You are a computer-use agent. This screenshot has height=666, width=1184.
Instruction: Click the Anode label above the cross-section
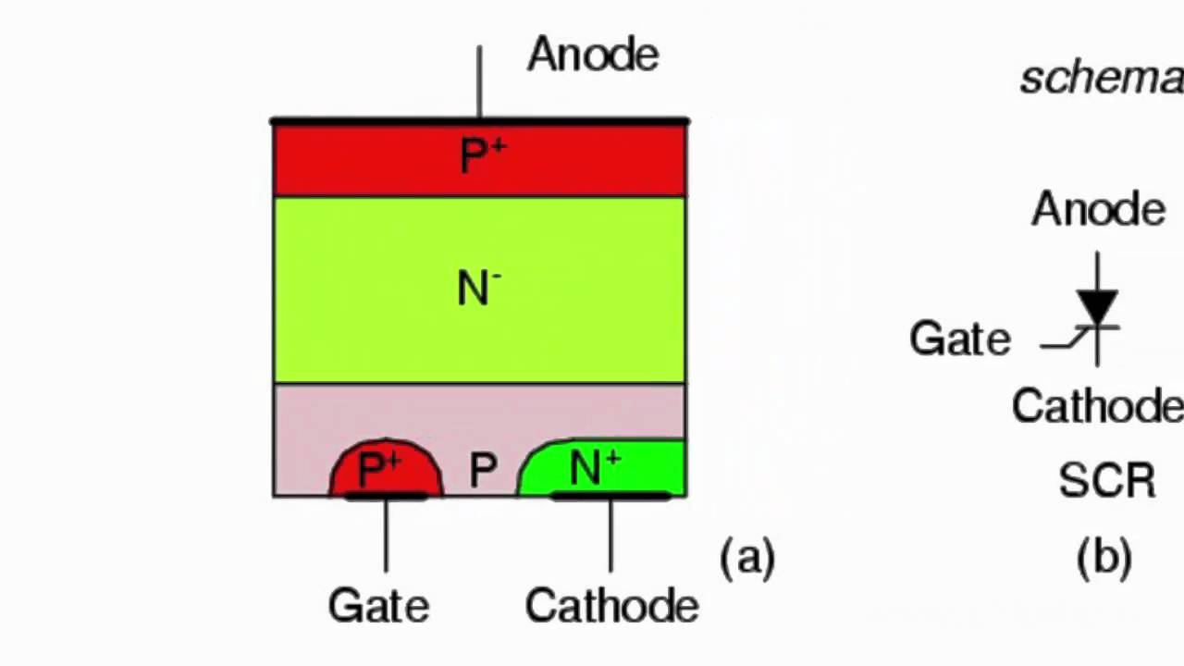pyautogui.click(x=593, y=55)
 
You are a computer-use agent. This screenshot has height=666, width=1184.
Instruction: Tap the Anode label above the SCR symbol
pyautogui.click(x=1098, y=210)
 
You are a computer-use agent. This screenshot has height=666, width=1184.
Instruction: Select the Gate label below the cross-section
pyautogui.click(x=379, y=606)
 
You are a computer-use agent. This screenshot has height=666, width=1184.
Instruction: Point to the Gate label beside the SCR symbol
pyautogui.click(x=960, y=339)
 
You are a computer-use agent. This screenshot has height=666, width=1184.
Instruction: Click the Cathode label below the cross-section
pyautogui.click(x=611, y=606)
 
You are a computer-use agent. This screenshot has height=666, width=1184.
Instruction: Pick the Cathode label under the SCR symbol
pyautogui.click(x=1097, y=406)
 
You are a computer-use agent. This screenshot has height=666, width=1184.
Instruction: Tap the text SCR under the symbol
pyautogui.click(x=1107, y=481)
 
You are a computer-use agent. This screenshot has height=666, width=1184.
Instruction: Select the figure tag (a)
pyautogui.click(x=747, y=557)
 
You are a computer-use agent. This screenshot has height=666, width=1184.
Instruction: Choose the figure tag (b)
pyautogui.click(x=1104, y=557)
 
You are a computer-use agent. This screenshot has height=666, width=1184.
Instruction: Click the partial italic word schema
pyautogui.click(x=1101, y=79)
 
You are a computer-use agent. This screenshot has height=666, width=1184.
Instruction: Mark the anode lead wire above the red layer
pyautogui.click(x=479, y=83)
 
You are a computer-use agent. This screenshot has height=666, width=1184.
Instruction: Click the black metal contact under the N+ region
pyautogui.click(x=610, y=497)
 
